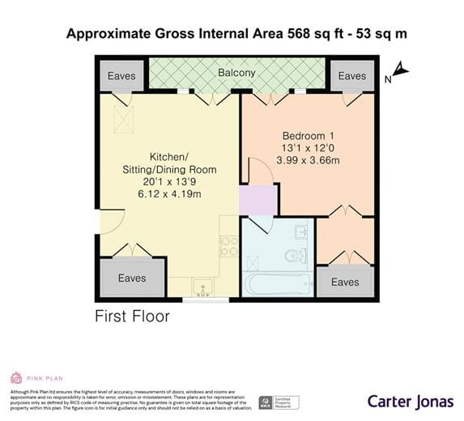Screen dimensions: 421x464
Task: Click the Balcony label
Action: pyautogui.click(x=236, y=73)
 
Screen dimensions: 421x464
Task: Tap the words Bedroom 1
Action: pyautogui.click(x=307, y=135)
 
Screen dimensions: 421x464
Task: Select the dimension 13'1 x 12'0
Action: pyautogui.click(x=307, y=148)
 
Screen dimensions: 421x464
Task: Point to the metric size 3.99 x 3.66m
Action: pyautogui.click(x=307, y=160)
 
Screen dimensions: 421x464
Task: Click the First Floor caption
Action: pyautogui.click(x=131, y=315)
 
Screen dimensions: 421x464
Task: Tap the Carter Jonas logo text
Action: pyautogui.click(x=410, y=401)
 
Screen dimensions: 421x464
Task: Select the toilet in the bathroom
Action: pyautogui.click(x=295, y=256)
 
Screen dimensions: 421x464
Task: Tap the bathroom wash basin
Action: pyautogui.click(x=300, y=232)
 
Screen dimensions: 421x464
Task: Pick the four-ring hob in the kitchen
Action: pyautogui.click(x=228, y=246)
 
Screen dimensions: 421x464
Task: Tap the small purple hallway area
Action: pyautogui.click(x=258, y=198)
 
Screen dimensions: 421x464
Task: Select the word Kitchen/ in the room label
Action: pyautogui.click(x=168, y=157)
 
